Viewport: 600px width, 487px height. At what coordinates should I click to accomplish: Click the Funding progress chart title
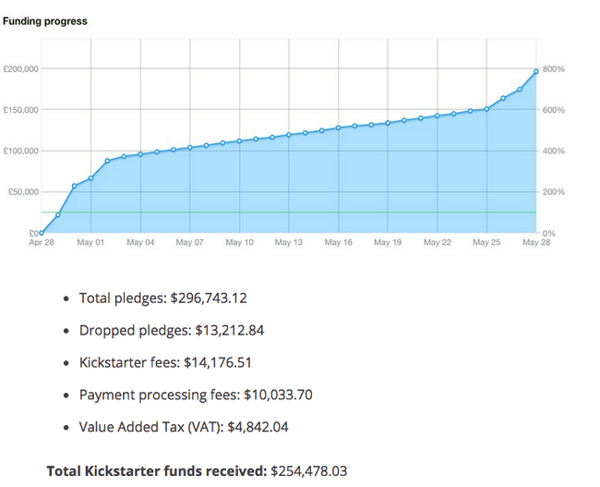click(45, 21)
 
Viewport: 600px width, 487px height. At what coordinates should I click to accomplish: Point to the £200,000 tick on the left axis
click(19, 69)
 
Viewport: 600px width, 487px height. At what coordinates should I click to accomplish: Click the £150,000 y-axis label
click(19, 110)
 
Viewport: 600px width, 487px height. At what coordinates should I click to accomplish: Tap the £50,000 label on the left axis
click(21, 192)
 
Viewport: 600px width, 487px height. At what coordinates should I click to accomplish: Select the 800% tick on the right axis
click(554, 69)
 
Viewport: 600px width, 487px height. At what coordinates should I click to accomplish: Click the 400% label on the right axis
click(554, 152)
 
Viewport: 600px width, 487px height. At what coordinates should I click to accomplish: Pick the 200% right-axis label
click(554, 192)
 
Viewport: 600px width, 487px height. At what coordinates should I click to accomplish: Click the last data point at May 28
click(535, 71)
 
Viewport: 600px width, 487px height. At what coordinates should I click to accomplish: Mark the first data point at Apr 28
click(42, 233)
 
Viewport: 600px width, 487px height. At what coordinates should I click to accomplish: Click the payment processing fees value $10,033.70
click(278, 396)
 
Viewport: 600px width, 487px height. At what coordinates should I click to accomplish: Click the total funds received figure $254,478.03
click(308, 471)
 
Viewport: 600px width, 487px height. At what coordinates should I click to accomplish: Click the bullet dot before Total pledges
click(65, 299)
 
